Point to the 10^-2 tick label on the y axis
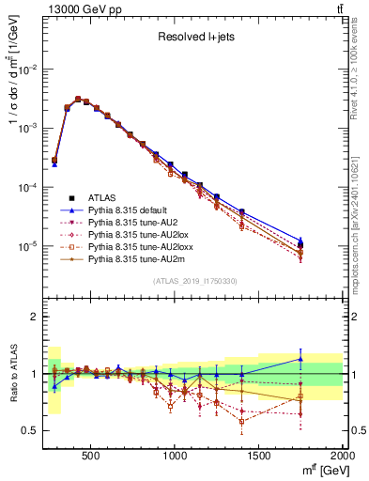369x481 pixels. (27, 70)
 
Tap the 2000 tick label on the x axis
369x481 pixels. (343, 457)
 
